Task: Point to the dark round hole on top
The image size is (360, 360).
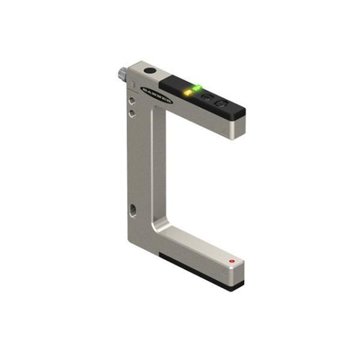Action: tap(150, 71)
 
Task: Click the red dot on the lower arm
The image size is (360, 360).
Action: tap(232, 262)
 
